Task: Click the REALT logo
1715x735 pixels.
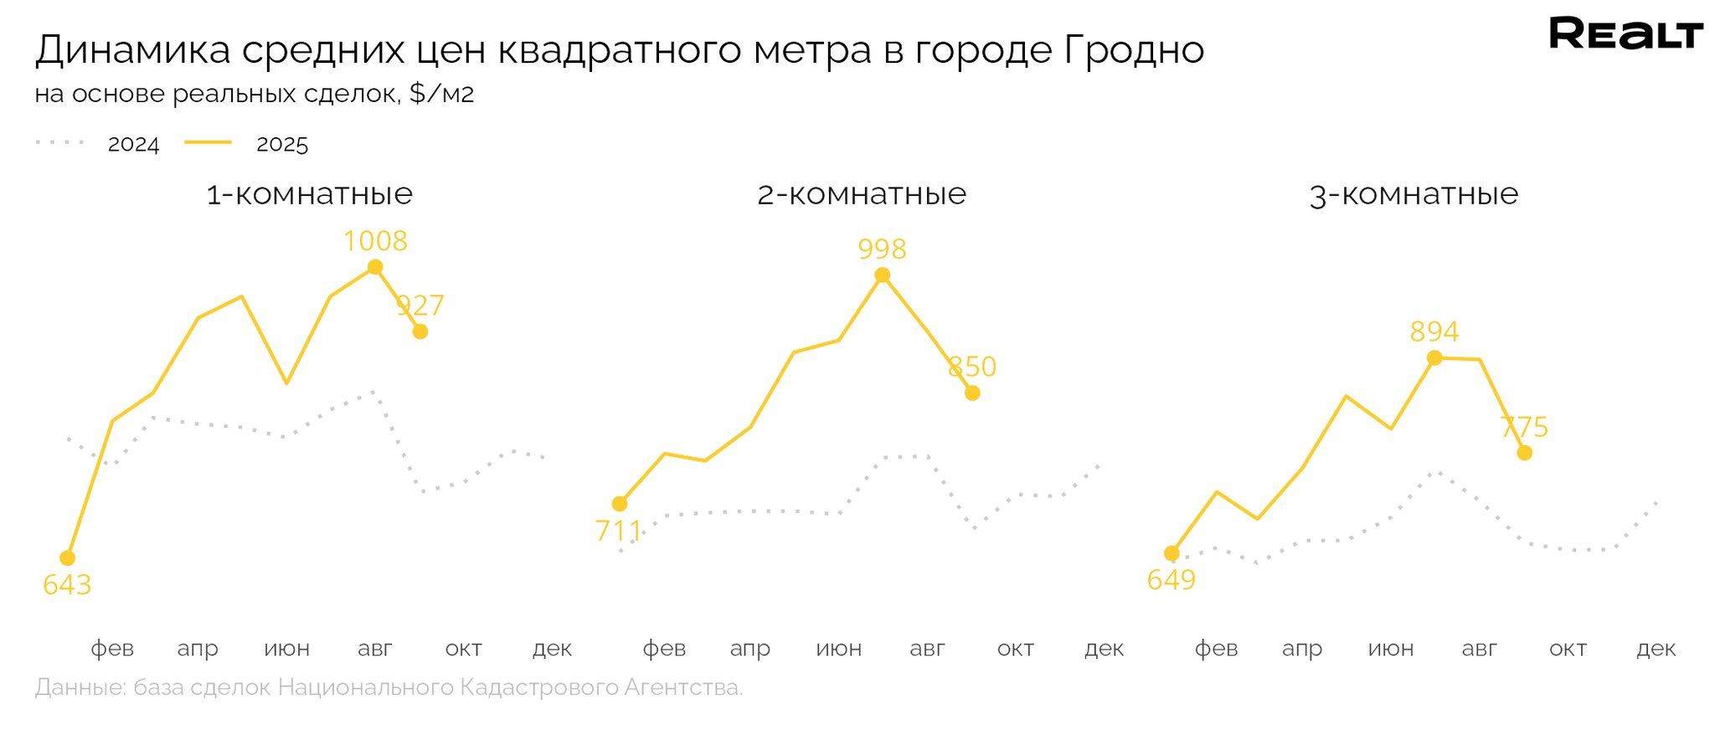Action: pos(1625,34)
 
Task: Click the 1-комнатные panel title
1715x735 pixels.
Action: pos(309,194)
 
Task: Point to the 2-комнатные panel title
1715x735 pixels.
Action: pos(861,194)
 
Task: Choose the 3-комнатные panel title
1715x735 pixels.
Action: pos(1413,194)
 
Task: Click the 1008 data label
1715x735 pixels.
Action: pos(375,241)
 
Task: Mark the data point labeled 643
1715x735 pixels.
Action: pos(68,558)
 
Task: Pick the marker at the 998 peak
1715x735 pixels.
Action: pos(882,275)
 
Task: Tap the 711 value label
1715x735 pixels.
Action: pos(618,531)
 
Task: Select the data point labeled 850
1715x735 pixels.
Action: pos(971,393)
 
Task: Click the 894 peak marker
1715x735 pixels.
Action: pos(1434,358)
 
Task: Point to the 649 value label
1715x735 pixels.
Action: pos(1171,579)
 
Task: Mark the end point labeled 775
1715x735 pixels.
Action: pos(1524,453)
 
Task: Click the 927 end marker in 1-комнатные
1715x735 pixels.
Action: pos(420,332)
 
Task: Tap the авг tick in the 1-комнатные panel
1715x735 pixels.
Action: pos(375,649)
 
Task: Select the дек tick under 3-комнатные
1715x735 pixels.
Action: pos(1656,649)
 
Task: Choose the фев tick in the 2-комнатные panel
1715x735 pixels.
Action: pos(664,649)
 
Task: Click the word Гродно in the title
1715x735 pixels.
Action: pos(1135,50)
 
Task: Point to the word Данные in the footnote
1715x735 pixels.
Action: pos(80,688)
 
